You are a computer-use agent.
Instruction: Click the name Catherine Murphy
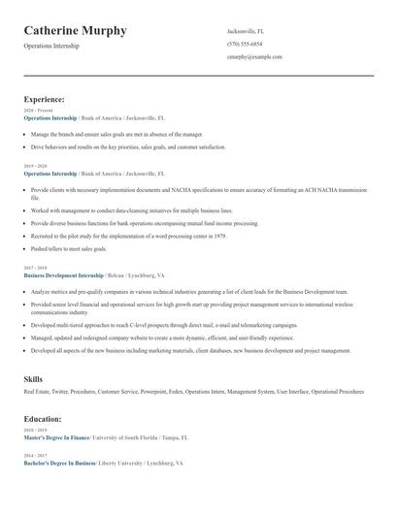point(75,31)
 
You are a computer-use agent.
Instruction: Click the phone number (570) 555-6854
point(245,45)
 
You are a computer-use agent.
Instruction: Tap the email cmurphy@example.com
point(254,57)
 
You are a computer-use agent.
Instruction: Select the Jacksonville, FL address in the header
point(247,31)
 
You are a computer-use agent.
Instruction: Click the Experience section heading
point(44,99)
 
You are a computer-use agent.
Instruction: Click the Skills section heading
point(33,378)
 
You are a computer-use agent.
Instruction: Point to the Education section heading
point(43,419)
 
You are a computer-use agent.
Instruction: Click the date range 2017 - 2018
point(35,268)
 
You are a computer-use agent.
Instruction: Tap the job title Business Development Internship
point(62,275)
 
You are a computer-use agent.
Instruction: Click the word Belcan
point(115,275)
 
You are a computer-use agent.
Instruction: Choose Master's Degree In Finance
point(56,437)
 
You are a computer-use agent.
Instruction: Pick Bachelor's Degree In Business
point(59,463)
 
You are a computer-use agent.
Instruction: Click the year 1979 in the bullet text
point(219,236)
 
